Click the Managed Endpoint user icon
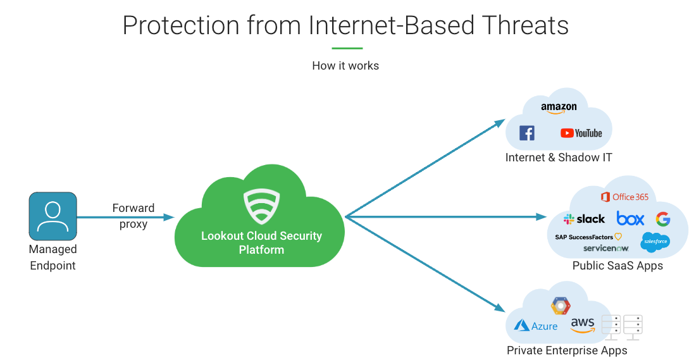(x=53, y=216)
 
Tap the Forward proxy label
(x=133, y=216)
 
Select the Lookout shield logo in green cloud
(x=261, y=206)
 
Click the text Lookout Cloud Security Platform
(x=261, y=243)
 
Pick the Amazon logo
(x=559, y=108)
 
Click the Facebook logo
(x=526, y=133)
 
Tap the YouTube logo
(x=581, y=133)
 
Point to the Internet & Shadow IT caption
(x=559, y=158)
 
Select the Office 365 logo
(x=624, y=197)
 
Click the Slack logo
(x=584, y=219)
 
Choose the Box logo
(x=630, y=219)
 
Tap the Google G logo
(x=662, y=219)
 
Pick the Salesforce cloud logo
(x=655, y=242)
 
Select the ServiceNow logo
(x=605, y=248)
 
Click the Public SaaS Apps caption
(x=617, y=266)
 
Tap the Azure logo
(x=536, y=326)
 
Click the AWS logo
(x=583, y=325)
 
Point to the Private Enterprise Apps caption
(x=567, y=351)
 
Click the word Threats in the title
(x=525, y=25)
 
